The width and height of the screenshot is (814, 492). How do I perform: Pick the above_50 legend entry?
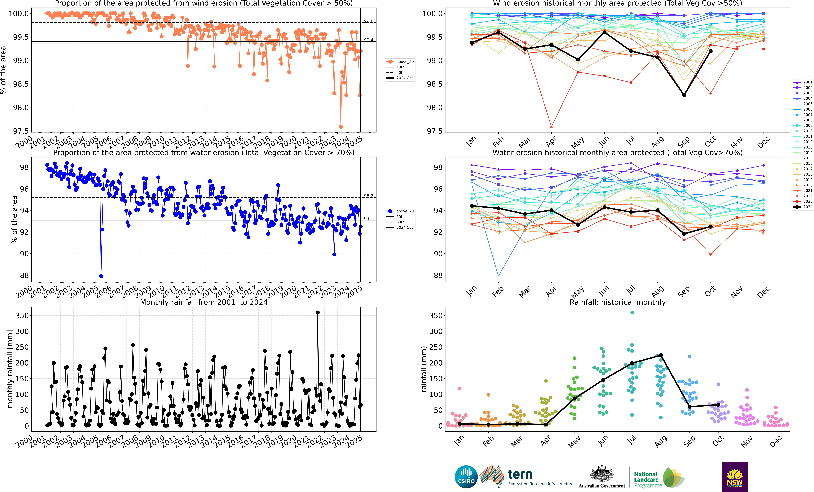[400, 62]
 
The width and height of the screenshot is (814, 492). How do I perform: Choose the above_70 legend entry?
[400, 211]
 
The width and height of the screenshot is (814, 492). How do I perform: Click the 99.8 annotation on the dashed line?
[368, 21]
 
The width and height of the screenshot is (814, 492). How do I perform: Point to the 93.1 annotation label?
[368, 218]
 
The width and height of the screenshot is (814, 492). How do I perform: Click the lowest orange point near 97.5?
[341, 127]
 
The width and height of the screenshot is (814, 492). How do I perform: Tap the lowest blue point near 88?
[101, 276]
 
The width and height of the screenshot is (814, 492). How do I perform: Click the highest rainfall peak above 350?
[318, 312]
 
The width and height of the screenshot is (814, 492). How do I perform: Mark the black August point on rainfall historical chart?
[661, 355]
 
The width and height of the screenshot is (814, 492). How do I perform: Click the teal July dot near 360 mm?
[632, 312]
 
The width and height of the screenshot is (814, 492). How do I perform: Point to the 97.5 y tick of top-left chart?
[20, 131]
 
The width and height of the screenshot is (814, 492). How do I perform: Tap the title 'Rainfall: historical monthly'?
[617, 302]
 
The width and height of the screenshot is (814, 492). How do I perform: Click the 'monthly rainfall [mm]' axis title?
[10, 369]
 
